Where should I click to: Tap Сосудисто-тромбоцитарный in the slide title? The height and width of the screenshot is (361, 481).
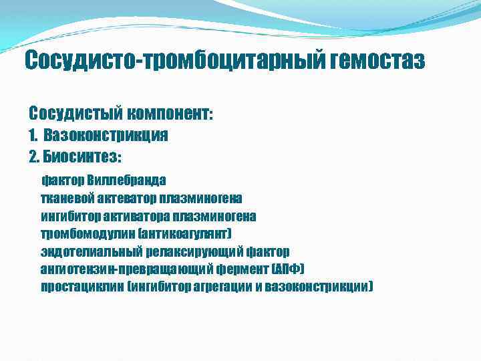174,62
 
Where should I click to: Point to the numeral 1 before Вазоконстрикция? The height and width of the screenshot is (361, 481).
32,136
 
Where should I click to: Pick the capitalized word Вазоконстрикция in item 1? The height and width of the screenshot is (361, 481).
106,136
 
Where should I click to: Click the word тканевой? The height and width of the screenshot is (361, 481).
65,199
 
